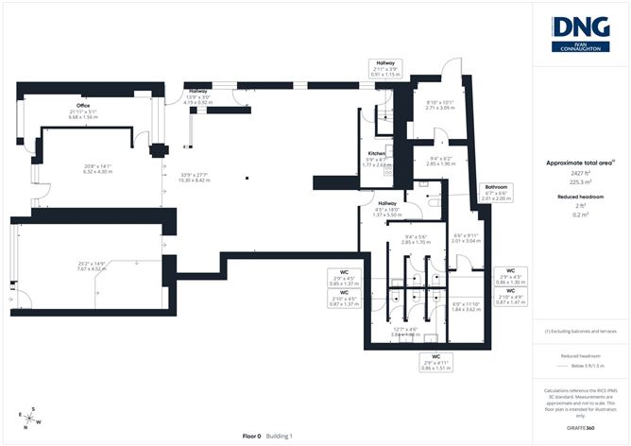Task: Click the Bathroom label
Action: coord(498,188)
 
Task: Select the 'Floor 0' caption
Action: coord(250,436)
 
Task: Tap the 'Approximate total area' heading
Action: coord(579,163)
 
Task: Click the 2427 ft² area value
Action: coord(580,175)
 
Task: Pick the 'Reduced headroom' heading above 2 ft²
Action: coord(580,197)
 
